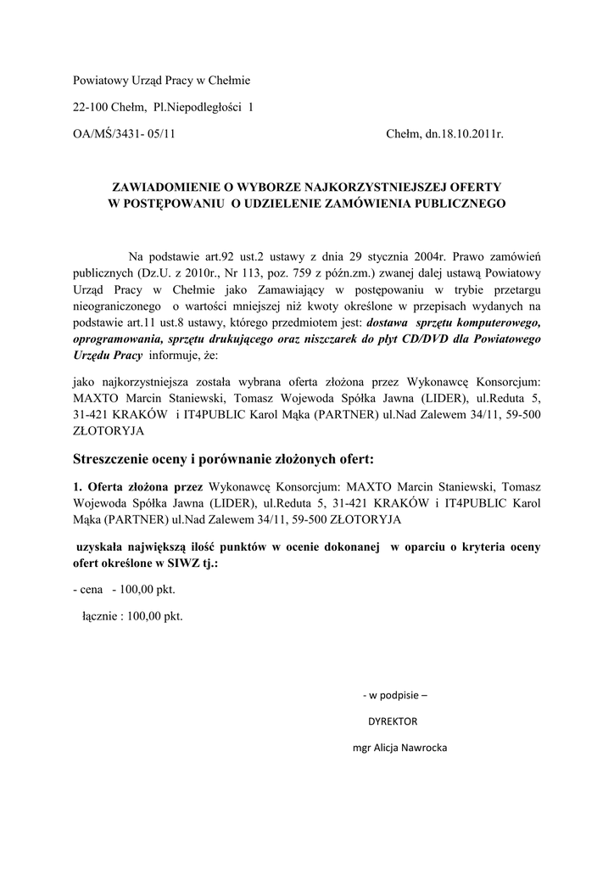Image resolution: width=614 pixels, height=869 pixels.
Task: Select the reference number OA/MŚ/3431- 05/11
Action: pyautogui.click(x=124, y=134)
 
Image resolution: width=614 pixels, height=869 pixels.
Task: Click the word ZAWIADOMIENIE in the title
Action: pyautogui.click(x=165, y=185)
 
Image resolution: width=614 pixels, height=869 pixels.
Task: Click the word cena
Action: pyautogui.click(x=91, y=590)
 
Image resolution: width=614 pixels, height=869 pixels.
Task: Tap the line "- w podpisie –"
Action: pyautogui.click(x=395, y=696)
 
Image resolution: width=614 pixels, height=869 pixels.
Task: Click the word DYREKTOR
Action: pyautogui.click(x=393, y=722)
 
